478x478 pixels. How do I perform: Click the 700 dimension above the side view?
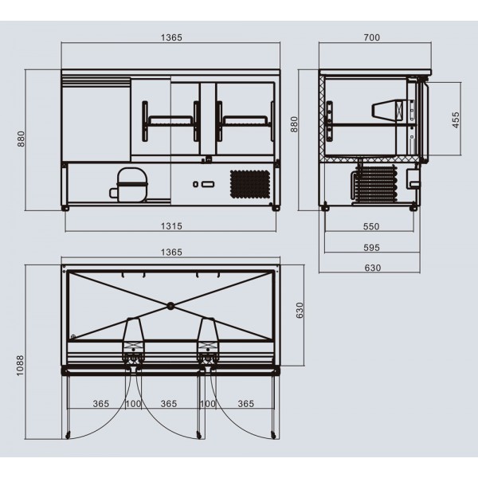click(x=372, y=37)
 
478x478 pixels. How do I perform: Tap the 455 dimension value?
click(x=456, y=120)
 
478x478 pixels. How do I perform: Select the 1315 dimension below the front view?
click(x=171, y=226)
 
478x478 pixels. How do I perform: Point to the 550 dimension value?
click(x=371, y=226)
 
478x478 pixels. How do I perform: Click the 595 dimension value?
click(x=371, y=248)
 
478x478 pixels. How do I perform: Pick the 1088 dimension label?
click(x=20, y=366)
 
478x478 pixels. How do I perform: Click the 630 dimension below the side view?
click(x=373, y=268)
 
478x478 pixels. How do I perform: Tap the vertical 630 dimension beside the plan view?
click(x=300, y=311)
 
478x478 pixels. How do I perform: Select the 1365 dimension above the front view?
click(x=171, y=37)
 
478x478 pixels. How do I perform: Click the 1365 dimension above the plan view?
click(x=171, y=253)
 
